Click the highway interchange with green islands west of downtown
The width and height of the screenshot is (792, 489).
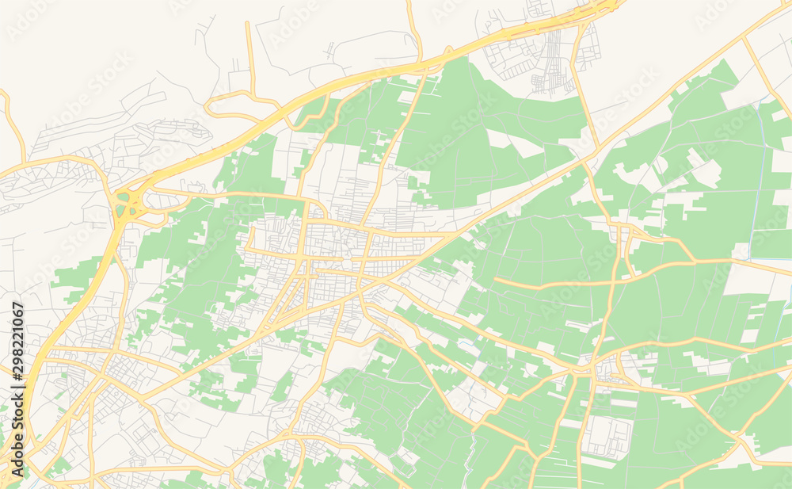(x=125, y=204)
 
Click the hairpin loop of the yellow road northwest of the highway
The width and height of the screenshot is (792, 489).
(x=210, y=108)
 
